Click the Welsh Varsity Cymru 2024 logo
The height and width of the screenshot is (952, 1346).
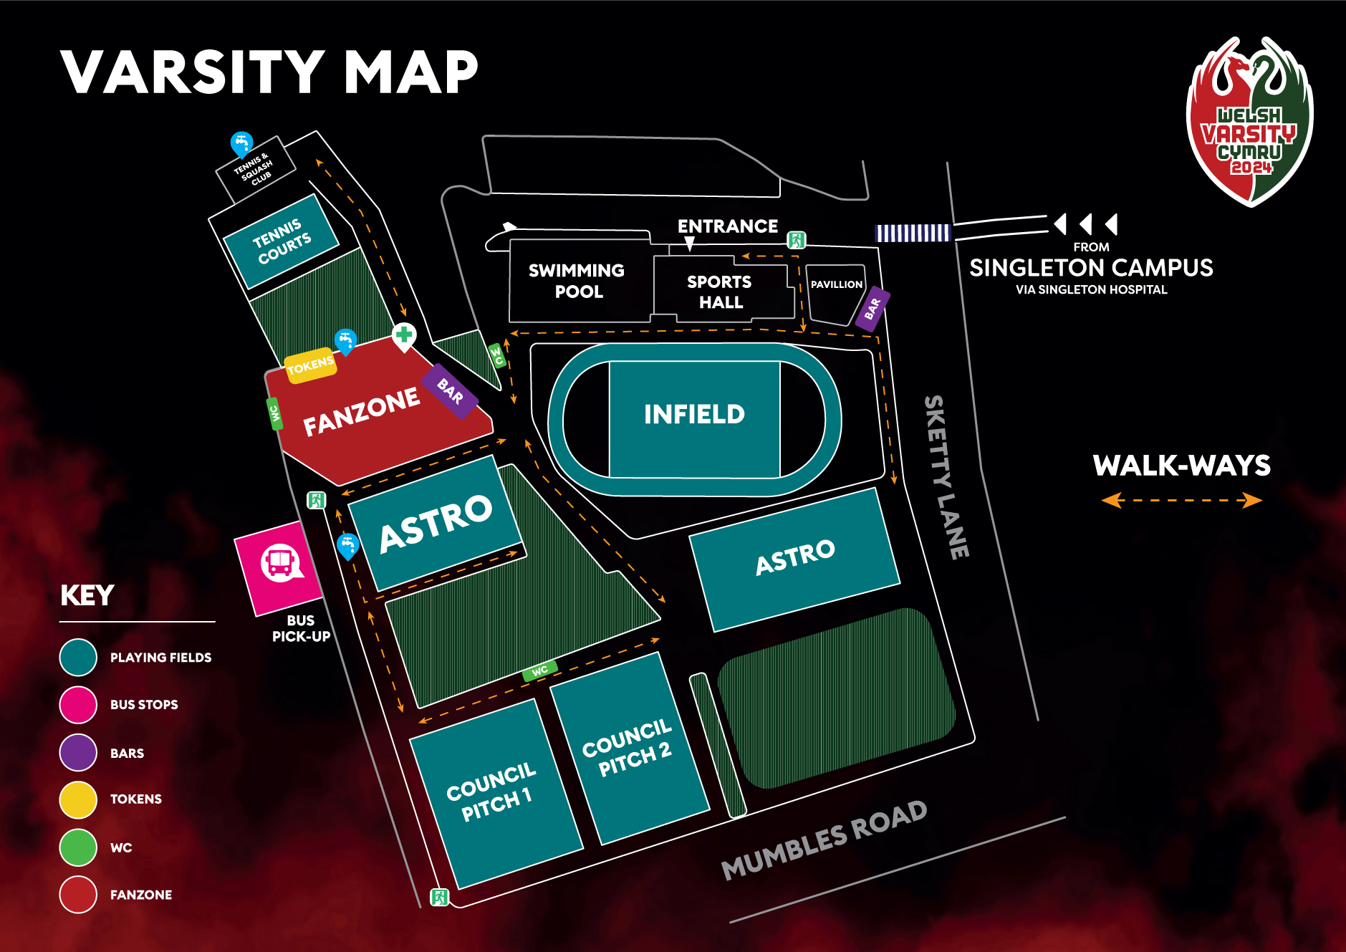1250,122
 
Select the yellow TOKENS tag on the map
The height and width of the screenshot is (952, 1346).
310,366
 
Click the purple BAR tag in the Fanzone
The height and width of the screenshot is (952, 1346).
450,390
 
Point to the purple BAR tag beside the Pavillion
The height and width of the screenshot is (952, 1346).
873,309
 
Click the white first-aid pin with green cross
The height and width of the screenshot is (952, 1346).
404,335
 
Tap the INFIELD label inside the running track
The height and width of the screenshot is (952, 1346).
694,414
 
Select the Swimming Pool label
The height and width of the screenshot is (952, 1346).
577,281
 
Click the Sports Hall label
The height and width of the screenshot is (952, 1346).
720,292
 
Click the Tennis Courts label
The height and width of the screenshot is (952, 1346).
282,241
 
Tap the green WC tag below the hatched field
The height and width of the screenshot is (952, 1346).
540,670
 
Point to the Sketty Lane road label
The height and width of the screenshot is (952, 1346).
946,477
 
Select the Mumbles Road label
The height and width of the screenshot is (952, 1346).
824,839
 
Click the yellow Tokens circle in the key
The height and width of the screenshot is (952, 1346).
78,799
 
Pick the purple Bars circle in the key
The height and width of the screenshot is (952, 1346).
78,752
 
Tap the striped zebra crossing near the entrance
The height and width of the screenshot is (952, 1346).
912,233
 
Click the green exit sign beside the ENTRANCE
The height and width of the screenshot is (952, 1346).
797,240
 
